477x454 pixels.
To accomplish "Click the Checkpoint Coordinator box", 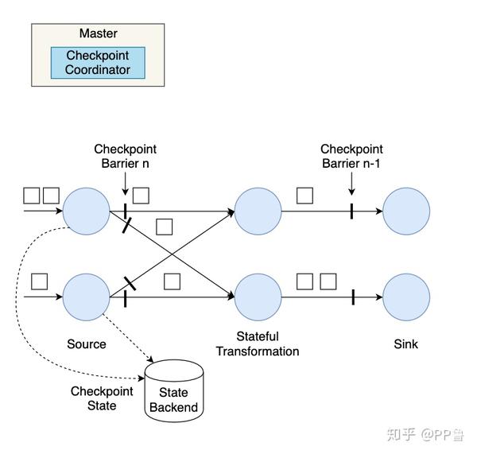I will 98,63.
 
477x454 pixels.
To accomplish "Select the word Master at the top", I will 98,33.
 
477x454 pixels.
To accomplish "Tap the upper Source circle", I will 86,211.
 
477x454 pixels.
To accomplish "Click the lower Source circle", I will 86,297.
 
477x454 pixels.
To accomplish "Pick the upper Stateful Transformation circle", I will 258,211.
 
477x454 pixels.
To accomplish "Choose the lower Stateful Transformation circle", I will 258,297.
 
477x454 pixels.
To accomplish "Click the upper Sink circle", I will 406,211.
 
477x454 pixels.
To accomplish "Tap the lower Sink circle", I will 406,297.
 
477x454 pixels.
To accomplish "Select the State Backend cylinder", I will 173,392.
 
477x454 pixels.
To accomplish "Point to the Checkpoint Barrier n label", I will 125,157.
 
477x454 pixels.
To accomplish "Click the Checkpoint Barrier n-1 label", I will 351,157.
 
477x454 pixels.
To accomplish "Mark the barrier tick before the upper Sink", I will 351,211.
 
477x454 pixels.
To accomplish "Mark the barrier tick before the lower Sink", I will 352,297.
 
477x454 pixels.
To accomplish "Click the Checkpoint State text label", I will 101,398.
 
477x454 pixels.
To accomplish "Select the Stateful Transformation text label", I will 258,343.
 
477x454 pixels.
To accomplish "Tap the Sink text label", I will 405,344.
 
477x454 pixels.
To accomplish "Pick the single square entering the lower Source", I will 39,281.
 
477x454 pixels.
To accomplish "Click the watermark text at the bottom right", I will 425,434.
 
